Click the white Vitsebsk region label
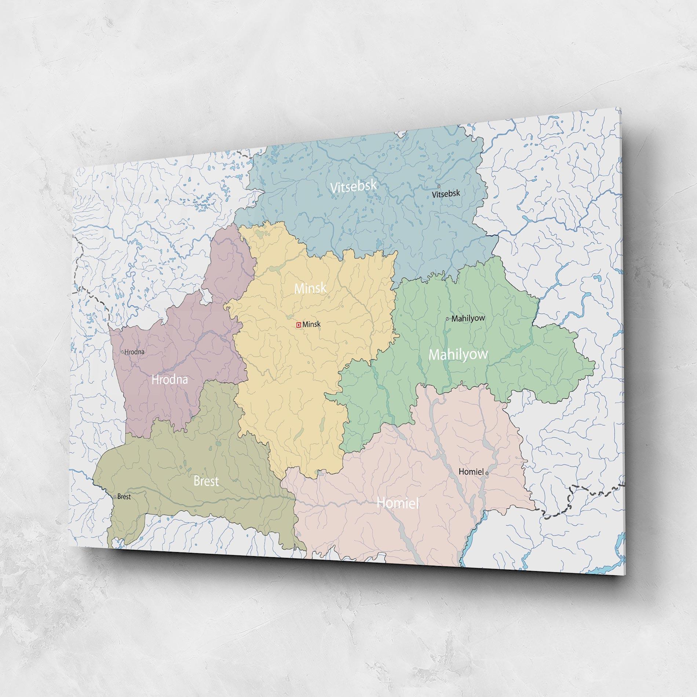(x=353, y=186)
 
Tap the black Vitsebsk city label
(x=446, y=194)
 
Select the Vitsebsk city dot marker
(x=439, y=186)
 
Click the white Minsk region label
(x=310, y=288)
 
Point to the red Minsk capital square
(x=299, y=324)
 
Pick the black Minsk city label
(x=311, y=324)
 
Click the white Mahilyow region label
(x=458, y=354)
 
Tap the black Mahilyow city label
(x=468, y=318)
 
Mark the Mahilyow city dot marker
(x=447, y=319)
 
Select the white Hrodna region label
(x=169, y=379)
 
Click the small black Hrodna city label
(x=134, y=352)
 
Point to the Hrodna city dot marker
(x=123, y=352)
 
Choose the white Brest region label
(x=206, y=481)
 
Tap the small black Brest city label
(x=124, y=497)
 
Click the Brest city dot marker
(x=115, y=497)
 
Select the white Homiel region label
(x=398, y=503)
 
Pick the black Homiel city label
(x=471, y=472)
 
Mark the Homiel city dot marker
(x=487, y=474)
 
